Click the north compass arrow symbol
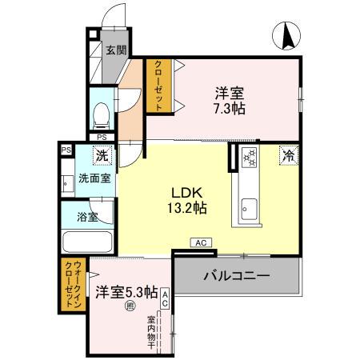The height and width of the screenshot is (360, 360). (286, 34)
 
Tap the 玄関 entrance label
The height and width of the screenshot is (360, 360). (115, 50)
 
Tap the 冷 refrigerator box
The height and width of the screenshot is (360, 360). (287, 156)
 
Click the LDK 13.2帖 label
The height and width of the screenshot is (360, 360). (190, 199)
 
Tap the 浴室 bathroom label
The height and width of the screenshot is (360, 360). (88, 216)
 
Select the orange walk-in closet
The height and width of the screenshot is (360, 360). (70, 286)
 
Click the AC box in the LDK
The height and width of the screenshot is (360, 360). (200, 242)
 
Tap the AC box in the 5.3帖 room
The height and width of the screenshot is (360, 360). (166, 298)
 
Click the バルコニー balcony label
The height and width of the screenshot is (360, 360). (236, 276)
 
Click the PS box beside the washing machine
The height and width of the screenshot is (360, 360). (66, 149)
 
